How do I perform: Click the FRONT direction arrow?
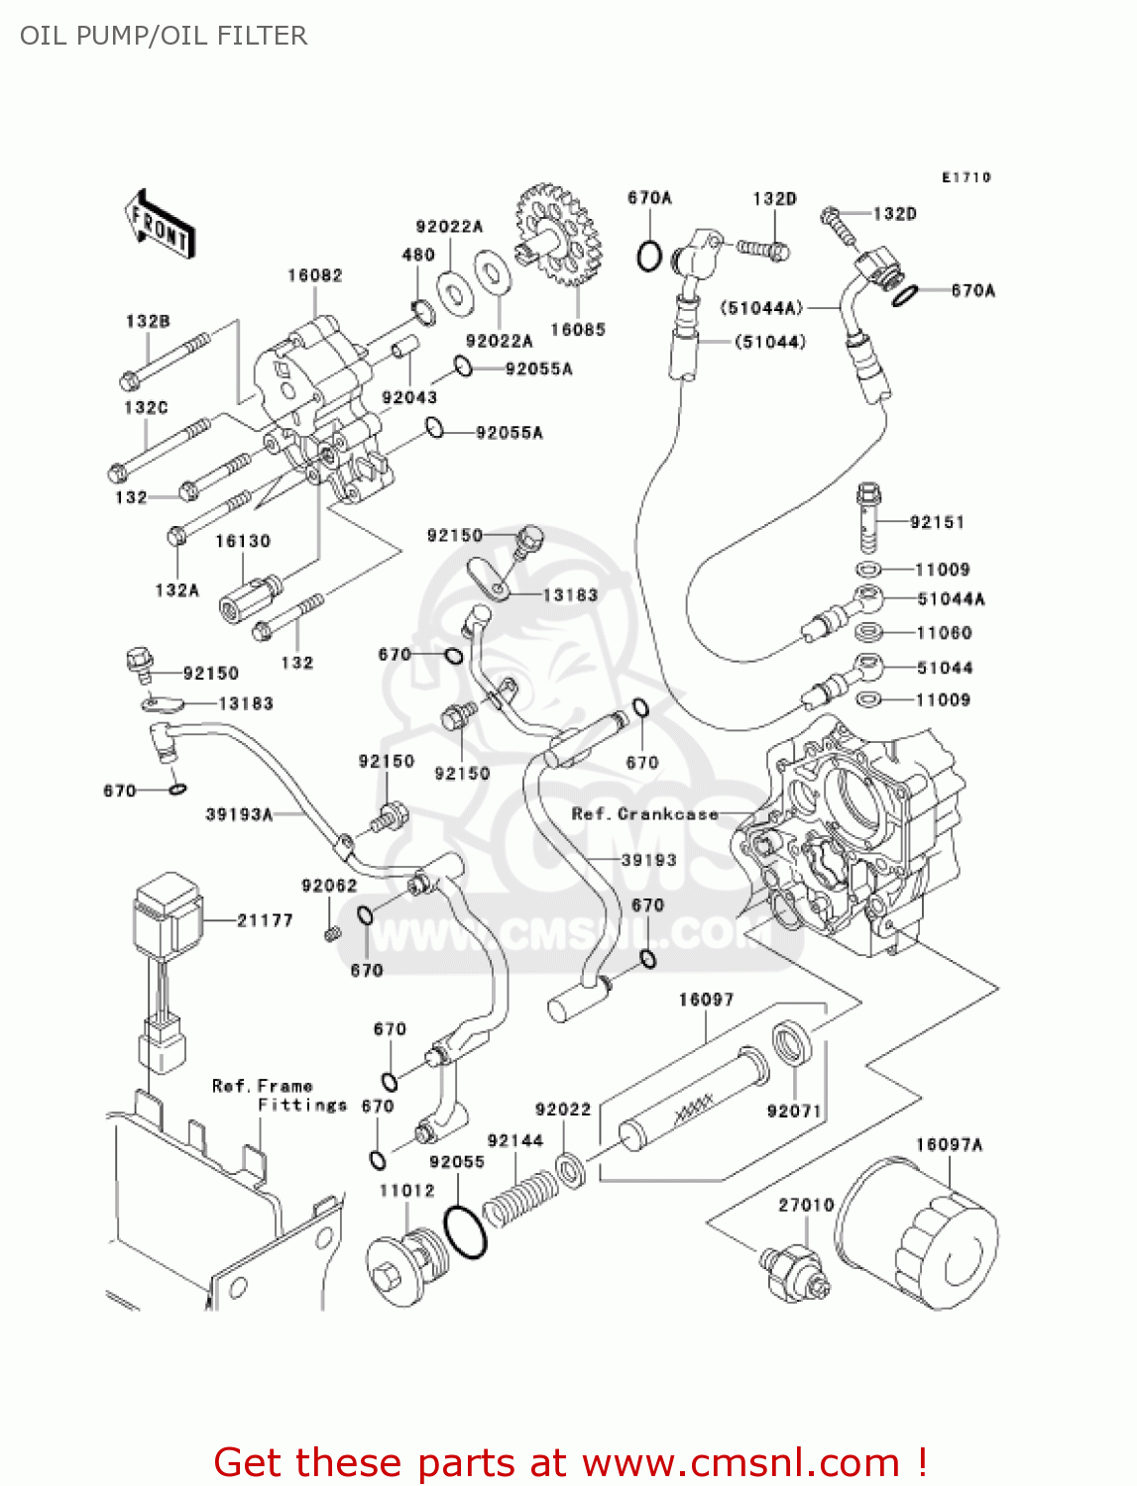[160, 226]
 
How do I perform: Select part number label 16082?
[314, 275]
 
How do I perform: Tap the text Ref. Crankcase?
[644, 814]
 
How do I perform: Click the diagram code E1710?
[966, 177]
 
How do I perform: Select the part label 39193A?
[239, 814]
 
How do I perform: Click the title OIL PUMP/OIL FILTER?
[164, 36]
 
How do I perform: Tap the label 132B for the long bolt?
[148, 321]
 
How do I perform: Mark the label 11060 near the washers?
[944, 633]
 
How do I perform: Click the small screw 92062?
[333, 933]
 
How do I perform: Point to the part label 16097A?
[949, 1145]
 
